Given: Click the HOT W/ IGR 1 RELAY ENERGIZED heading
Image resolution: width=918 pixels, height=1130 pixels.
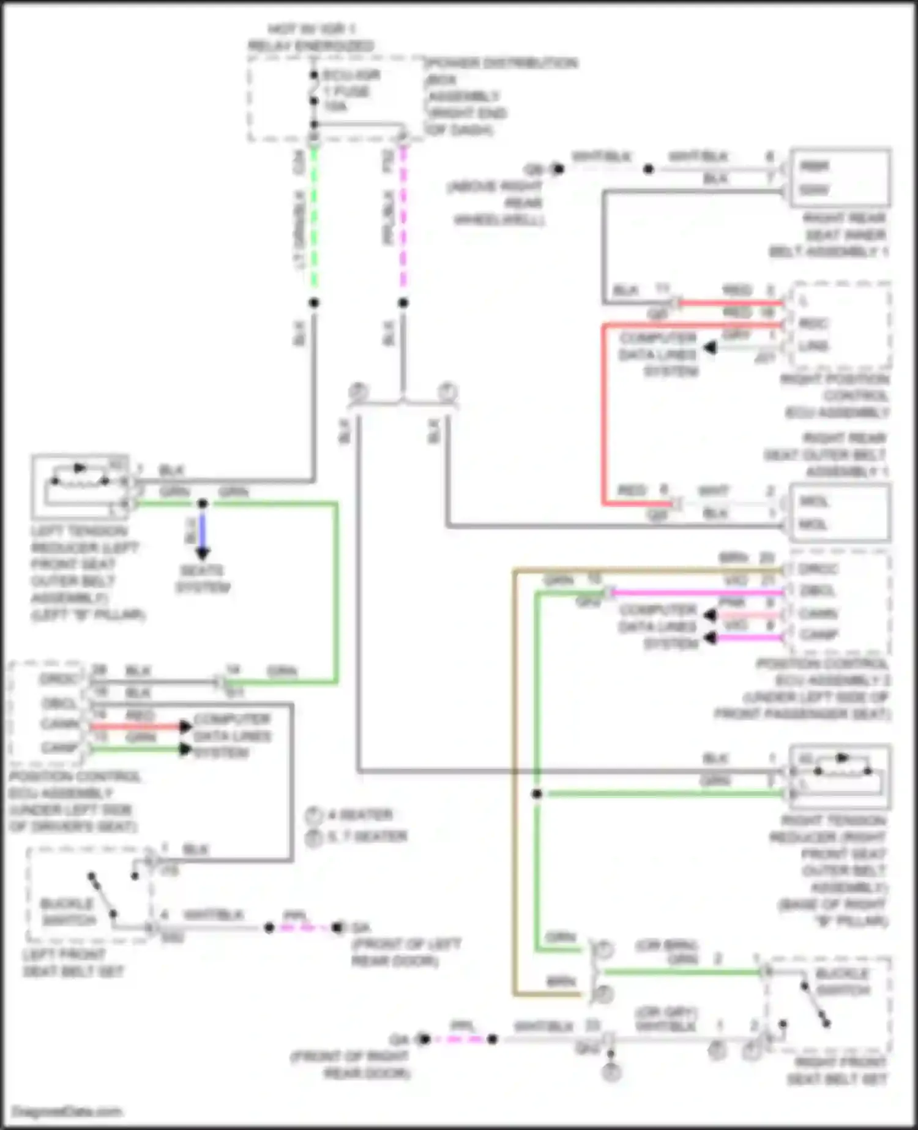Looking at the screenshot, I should coord(312,37).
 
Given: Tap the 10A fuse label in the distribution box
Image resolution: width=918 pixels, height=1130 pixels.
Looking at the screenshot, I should coord(335,107).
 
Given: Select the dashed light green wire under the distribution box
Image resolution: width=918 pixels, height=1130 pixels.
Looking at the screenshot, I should coord(314,220).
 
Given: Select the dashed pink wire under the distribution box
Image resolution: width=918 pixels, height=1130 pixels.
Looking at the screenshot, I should coord(403,220).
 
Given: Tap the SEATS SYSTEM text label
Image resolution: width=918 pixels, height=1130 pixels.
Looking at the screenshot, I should coord(203,579).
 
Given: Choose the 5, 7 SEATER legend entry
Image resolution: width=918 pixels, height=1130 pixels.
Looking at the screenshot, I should coord(367,836).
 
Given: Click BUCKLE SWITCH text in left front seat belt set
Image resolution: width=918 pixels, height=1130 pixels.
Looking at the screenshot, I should coord(67,912).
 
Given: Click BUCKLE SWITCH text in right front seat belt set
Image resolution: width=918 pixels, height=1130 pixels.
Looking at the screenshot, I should coord(842,981).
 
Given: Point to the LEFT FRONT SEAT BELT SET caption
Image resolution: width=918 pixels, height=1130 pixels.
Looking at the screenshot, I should coord(73,963).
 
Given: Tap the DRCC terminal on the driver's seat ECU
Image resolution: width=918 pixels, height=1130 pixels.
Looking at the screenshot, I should coord(60,679).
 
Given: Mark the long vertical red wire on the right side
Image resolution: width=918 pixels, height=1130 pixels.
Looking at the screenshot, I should coord(603,416).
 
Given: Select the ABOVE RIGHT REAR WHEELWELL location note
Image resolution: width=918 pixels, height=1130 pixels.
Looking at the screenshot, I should coord(497,203).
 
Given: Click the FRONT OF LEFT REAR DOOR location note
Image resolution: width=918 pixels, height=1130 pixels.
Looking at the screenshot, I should coord(406,952).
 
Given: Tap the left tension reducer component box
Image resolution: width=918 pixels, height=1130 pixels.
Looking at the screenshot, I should coord(80,487).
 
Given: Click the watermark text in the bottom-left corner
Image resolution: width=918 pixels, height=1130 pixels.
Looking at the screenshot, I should coord(67,1112).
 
